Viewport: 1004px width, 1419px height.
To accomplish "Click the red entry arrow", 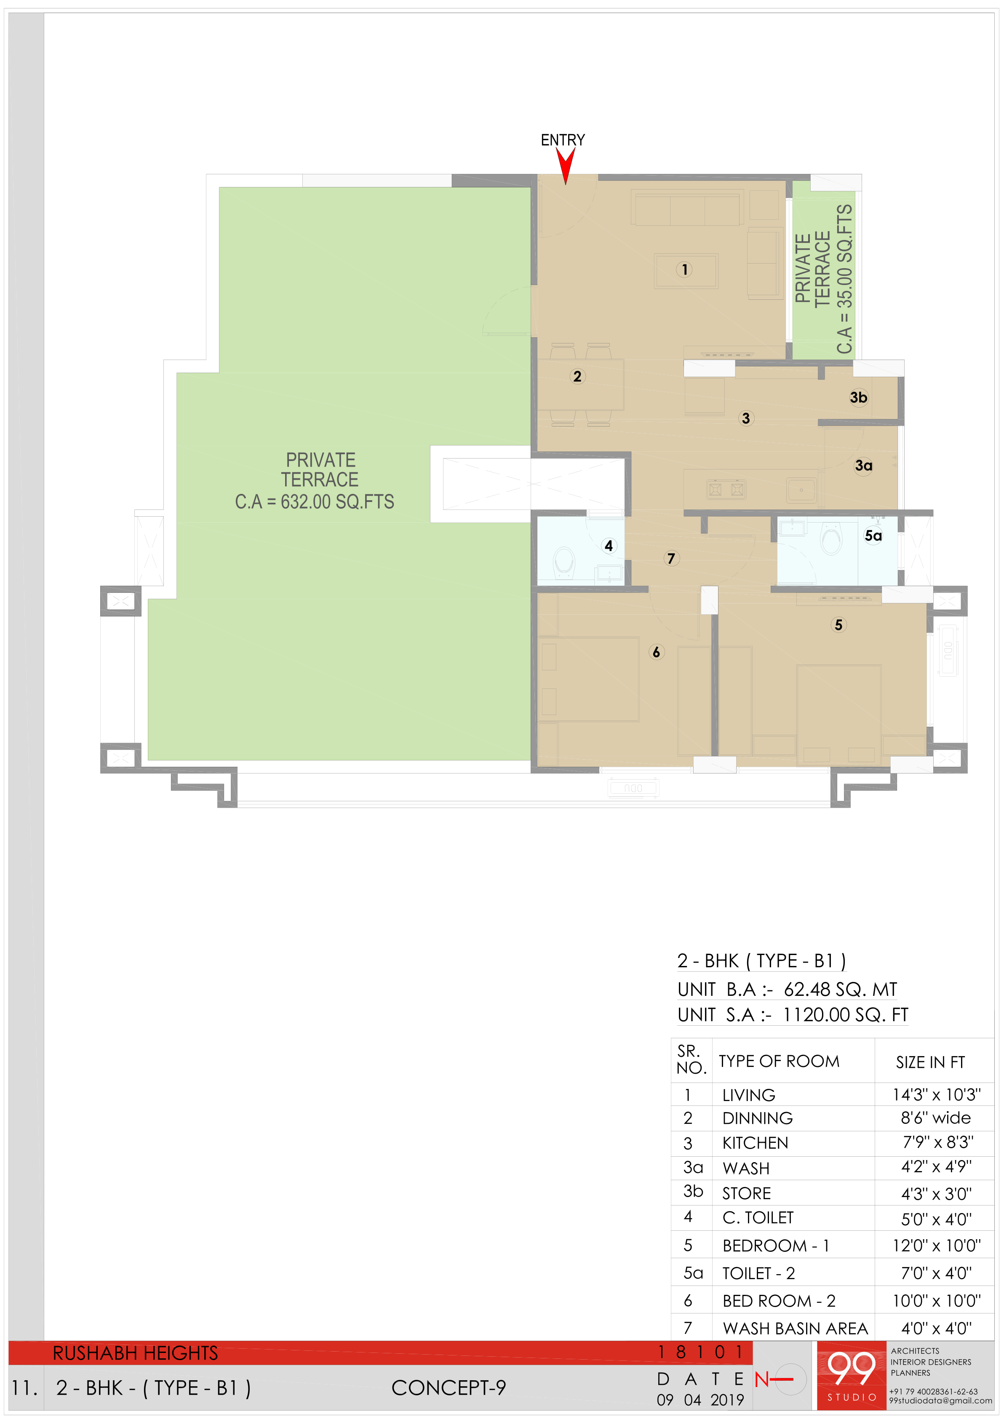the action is [x=565, y=165].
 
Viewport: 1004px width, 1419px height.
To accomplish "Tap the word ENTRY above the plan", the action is [x=563, y=140].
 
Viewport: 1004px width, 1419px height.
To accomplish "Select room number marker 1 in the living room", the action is [x=684, y=269].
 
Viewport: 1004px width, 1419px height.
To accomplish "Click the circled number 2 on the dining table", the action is [x=577, y=376].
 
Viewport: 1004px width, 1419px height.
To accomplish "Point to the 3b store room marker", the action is [x=858, y=397].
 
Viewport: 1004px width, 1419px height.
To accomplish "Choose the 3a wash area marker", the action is [x=864, y=465].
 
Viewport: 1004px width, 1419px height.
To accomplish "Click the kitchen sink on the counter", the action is [x=801, y=490].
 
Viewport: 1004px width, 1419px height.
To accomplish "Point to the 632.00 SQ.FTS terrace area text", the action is [x=315, y=502].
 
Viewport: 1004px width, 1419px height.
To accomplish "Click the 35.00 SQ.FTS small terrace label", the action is [x=844, y=279].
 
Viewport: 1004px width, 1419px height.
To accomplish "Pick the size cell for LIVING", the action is [x=936, y=1094].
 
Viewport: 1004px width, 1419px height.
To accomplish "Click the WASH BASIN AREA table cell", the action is [x=795, y=1328].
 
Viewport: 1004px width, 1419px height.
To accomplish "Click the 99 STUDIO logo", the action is [x=851, y=1375].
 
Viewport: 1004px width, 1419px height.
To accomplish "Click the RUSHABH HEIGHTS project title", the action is [x=135, y=1353].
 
